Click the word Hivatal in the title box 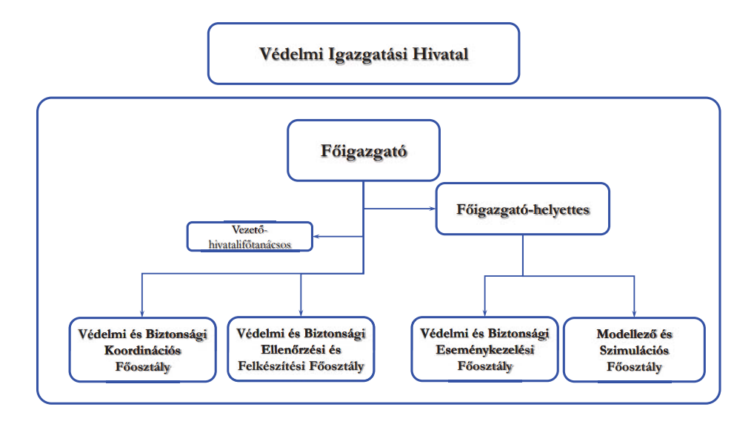tap(441, 54)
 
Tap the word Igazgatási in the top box tap(368, 55)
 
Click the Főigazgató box tap(364, 150)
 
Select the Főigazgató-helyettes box tap(523, 209)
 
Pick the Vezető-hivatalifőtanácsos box tap(250, 236)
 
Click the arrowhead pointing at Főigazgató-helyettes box tap(433, 209)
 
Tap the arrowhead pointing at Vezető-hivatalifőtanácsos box tap(317, 236)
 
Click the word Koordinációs tap(143, 350)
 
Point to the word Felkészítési tap(272, 366)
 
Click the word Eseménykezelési tap(485, 350)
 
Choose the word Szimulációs tap(634, 350)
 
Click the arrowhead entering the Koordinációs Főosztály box tap(142, 313)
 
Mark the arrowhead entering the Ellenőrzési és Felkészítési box tap(301, 312)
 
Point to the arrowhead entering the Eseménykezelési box tap(484, 312)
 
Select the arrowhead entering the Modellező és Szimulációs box tap(634, 313)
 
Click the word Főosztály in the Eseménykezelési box tap(485, 366)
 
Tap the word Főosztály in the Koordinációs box tap(143, 367)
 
